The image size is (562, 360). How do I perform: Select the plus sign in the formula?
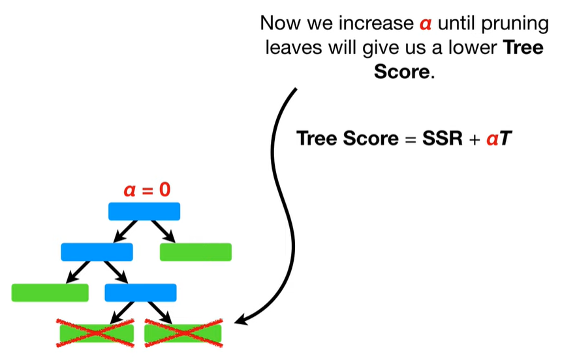click(468, 140)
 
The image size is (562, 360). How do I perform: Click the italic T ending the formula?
click(505, 139)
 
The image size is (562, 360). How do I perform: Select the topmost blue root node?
click(144, 211)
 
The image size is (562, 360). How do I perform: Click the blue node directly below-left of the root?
click(97, 252)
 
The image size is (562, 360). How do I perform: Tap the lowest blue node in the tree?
click(140, 293)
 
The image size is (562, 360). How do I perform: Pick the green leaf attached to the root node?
click(196, 252)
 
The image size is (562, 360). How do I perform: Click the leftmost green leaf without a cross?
click(50, 293)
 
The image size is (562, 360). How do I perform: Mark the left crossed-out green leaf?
click(96, 333)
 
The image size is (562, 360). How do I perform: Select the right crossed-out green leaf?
click(183, 333)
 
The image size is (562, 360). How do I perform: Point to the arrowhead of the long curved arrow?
click(240, 320)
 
